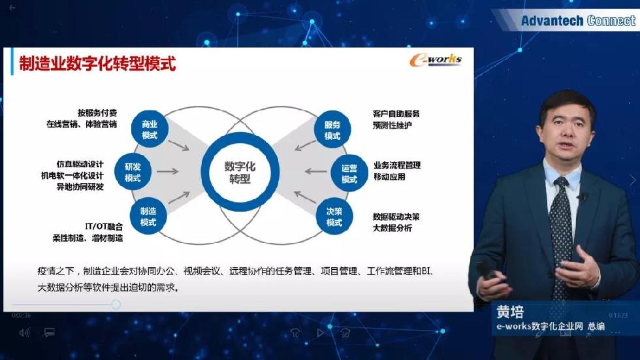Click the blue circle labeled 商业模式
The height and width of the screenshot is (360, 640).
pyautogui.click(x=150, y=129)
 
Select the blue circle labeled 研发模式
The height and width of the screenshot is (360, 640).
pyautogui.click(x=133, y=172)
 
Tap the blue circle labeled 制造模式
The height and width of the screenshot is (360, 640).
pyautogui.click(x=148, y=216)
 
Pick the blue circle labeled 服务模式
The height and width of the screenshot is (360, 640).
pyautogui.click(x=332, y=129)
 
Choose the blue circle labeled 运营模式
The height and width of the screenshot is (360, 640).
pyautogui.click(x=349, y=173)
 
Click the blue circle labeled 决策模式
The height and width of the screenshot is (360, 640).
pyautogui.click(x=334, y=216)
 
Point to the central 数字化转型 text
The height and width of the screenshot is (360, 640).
pyautogui.click(x=240, y=172)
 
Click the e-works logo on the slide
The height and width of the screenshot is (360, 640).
pyautogui.click(x=436, y=60)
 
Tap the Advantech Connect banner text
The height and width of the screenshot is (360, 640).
pyautogui.click(x=578, y=20)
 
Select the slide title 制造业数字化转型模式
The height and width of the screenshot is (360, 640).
pyautogui.click(x=97, y=63)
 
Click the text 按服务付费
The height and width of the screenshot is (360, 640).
pyautogui.click(x=97, y=112)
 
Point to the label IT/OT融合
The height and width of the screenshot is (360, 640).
pyautogui.click(x=104, y=226)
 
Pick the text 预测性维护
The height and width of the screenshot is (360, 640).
pyautogui.click(x=392, y=125)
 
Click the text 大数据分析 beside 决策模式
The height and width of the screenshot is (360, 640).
pyautogui.click(x=392, y=228)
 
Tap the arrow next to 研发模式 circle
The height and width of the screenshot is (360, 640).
pyautogui.click(x=168, y=171)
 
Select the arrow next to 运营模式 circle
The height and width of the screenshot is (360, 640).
pyautogui.click(x=315, y=171)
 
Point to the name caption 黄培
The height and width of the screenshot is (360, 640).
pyautogui.click(x=510, y=312)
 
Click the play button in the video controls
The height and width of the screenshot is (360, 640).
pyautogui.click(x=321, y=333)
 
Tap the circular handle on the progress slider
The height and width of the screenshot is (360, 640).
pyautogui.click(x=116, y=304)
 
